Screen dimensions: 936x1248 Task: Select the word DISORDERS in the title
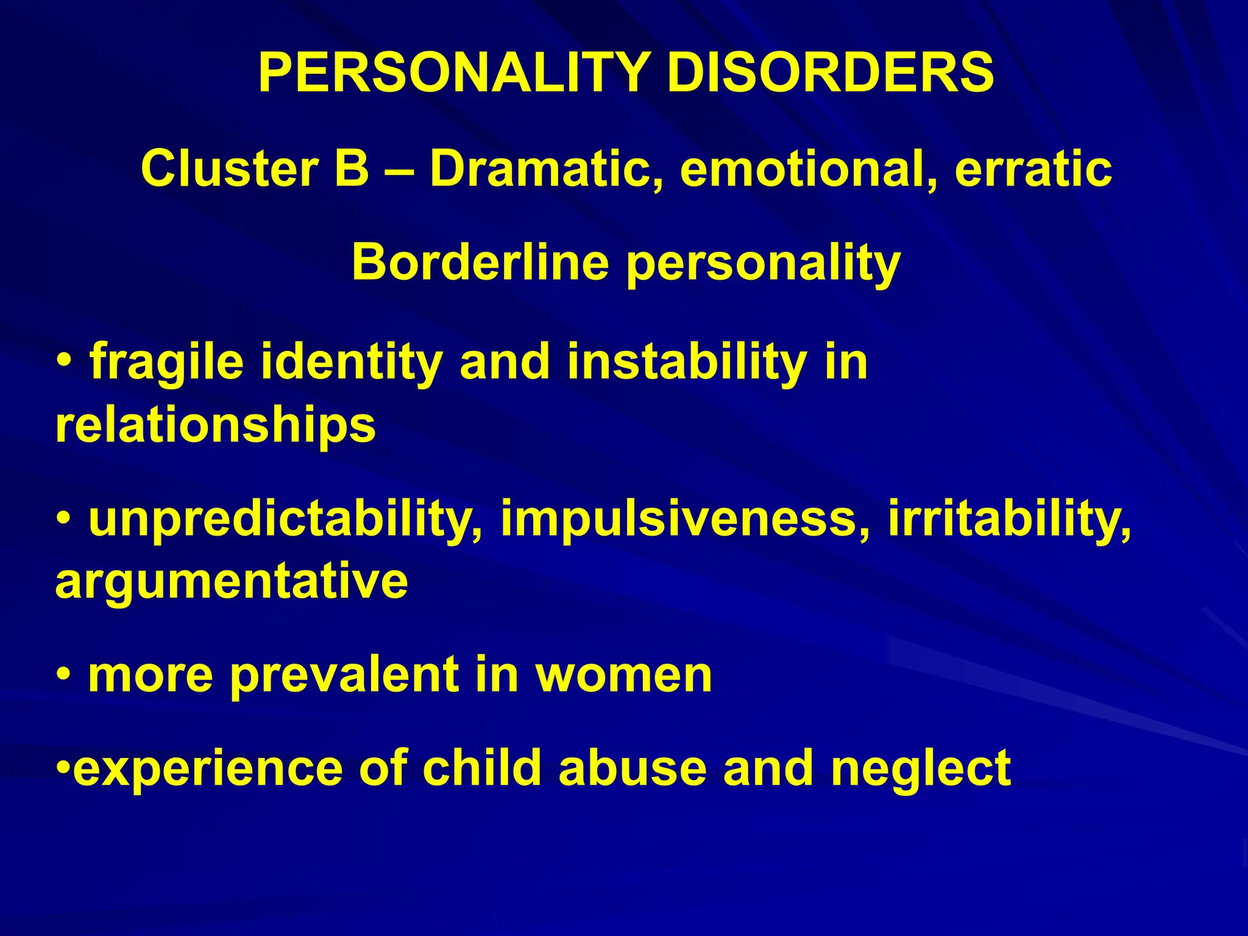click(x=830, y=73)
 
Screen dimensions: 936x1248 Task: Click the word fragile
click(x=166, y=362)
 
